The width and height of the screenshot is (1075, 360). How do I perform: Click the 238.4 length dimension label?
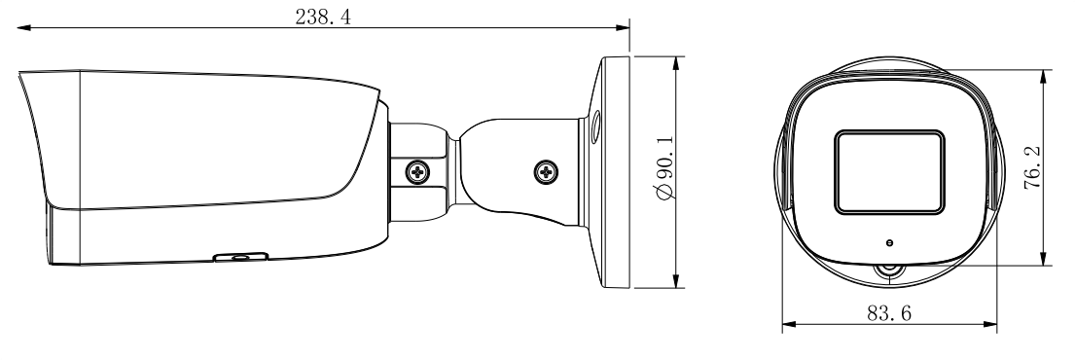pyautogui.click(x=323, y=17)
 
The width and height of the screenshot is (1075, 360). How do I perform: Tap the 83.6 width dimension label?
pyautogui.click(x=889, y=313)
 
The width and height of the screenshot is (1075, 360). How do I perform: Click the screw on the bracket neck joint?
pyautogui.click(x=416, y=171)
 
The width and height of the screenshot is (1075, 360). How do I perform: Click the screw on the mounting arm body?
pyautogui.click(x=545, y=171)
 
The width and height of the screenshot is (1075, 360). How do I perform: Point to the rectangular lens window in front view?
pyautogui.click(x=889, y=172)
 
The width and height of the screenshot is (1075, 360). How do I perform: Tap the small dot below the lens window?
pyautogui.click(x=889, y=242)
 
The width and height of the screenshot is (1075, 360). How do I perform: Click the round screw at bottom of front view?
pyautogui.click(x=889, y=272)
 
